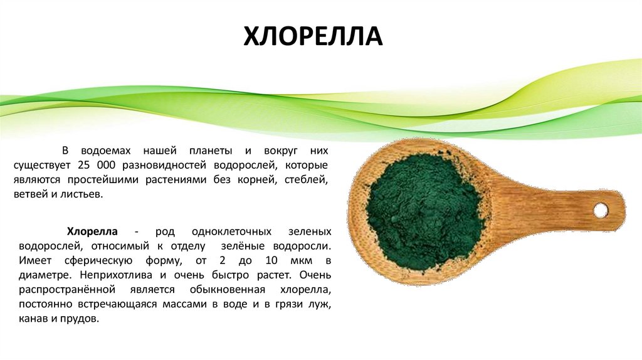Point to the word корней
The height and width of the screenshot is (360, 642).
coord(256,180)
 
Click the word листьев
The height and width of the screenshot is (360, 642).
coord(80,194)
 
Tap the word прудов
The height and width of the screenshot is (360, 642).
coord(83,319)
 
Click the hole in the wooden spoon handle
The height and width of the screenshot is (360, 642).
coord(600,210)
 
